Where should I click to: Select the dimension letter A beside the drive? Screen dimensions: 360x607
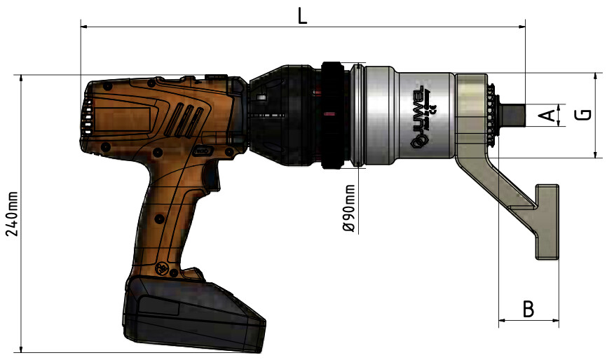coord(550,115)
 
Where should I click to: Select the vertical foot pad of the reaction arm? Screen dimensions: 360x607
coord(547,221)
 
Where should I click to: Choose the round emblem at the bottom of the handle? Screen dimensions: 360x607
coord(163,268)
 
